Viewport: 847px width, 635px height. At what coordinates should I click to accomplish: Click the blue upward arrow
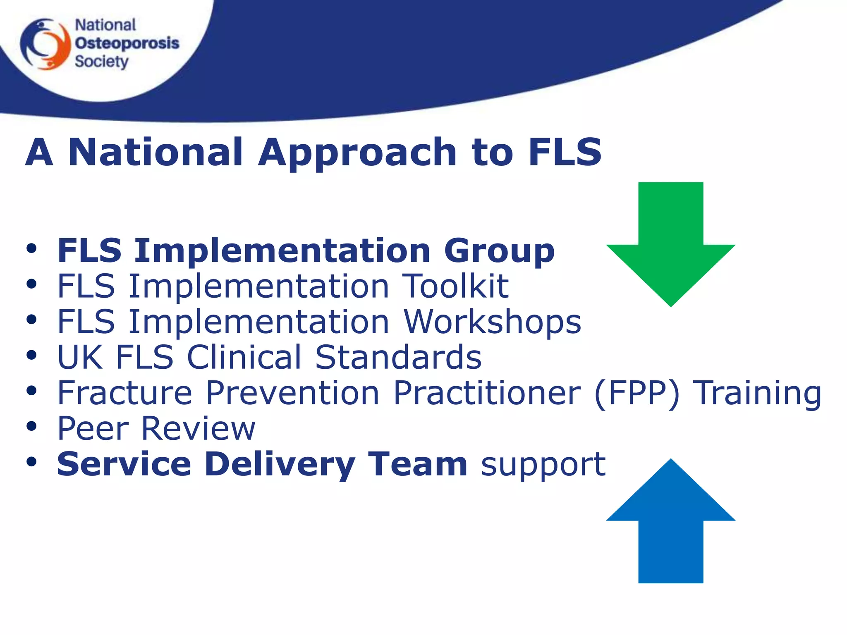[670, 525]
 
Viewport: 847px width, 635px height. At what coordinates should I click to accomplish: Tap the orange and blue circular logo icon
[45, 44]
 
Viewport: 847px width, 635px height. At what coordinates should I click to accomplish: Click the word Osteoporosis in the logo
[127, 43]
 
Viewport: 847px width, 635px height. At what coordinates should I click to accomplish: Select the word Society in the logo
[101, 62]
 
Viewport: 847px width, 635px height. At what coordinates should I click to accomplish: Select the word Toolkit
[455, 286]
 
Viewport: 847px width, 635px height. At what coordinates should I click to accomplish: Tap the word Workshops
[492, 322]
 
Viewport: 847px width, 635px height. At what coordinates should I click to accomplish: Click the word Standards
[398, 357]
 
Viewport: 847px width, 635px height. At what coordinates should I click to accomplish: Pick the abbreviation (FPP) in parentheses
[637, 393]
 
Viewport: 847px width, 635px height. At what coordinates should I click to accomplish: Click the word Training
[757, 393]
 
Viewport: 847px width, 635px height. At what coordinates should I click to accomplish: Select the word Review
[198, 429]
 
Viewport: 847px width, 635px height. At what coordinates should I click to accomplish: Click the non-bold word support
[543, 464]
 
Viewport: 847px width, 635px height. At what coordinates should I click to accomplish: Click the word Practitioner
[487, 393]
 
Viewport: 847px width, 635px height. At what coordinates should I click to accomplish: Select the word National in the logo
[105, 25]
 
